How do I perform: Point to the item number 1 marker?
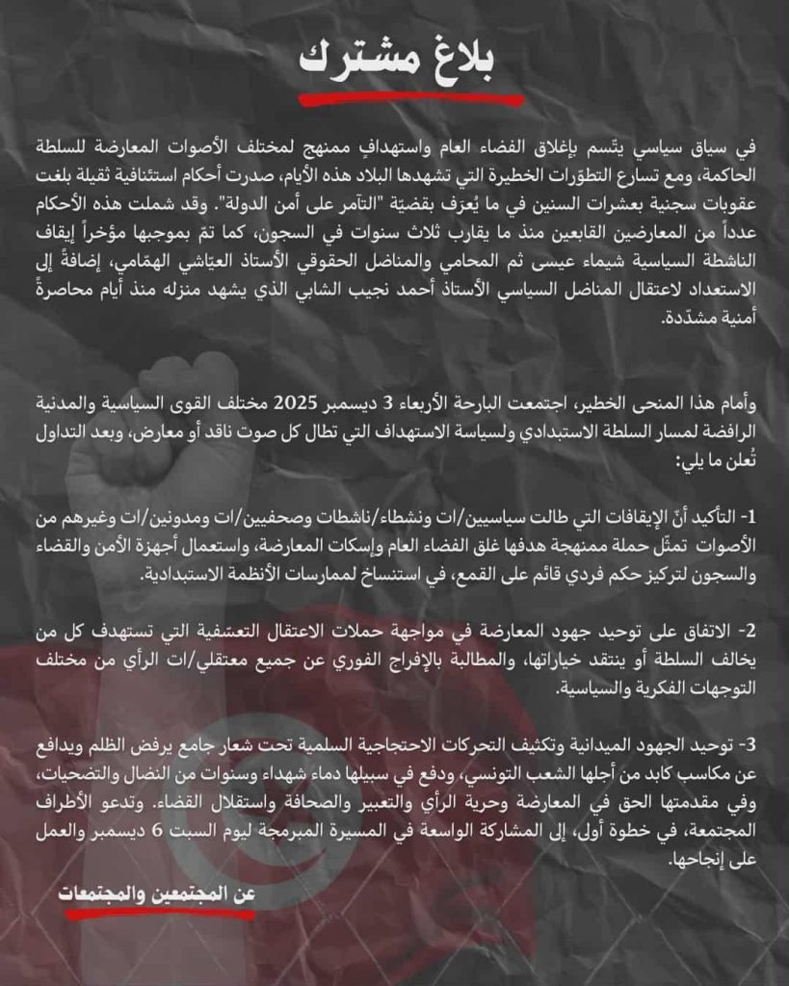pos(753,518)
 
